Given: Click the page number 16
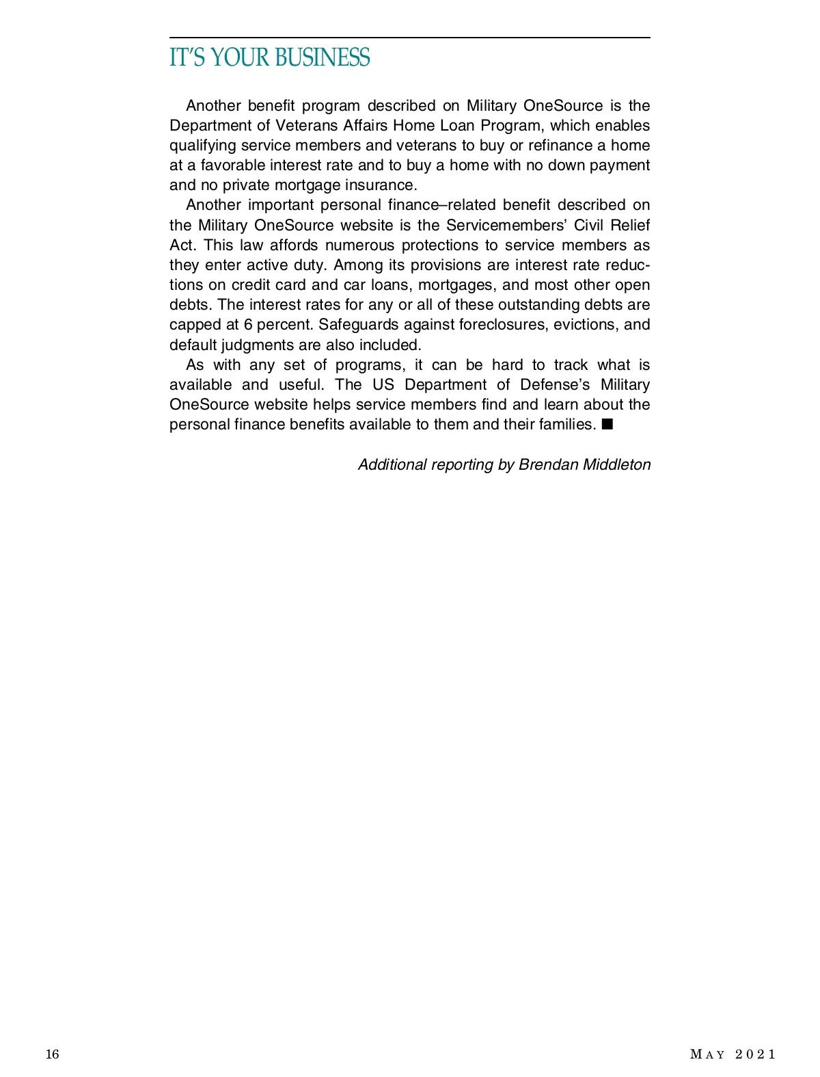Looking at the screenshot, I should [x=53, y=1054].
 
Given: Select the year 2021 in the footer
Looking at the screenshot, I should [x=755, y=1054].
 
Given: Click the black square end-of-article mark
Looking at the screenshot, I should [x=607, y=425].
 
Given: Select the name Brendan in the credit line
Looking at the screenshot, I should [x=547, y=465].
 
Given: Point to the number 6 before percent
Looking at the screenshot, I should [x=248, y=325].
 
